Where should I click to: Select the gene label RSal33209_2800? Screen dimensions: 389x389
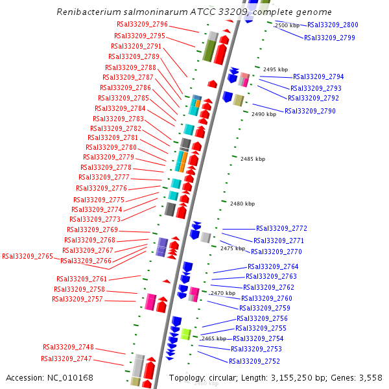tap(333, 25)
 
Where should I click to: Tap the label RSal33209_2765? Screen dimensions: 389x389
tap(27, 257)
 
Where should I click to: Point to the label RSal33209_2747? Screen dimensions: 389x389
tap(67, 359)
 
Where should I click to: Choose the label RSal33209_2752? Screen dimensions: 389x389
tap(254, 361)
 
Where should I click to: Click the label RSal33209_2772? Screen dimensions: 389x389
tap(281, 228)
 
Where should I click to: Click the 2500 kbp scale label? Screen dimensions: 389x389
tap(287, 25)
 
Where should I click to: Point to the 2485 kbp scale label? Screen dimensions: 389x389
tap(253, 159)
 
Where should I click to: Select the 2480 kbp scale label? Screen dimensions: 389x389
tap(242, 204)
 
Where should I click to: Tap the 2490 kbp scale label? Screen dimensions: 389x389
tap(264, 114)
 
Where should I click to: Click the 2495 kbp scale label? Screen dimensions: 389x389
tap(275, 69)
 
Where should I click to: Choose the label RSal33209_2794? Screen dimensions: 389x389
tap(318, 77)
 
